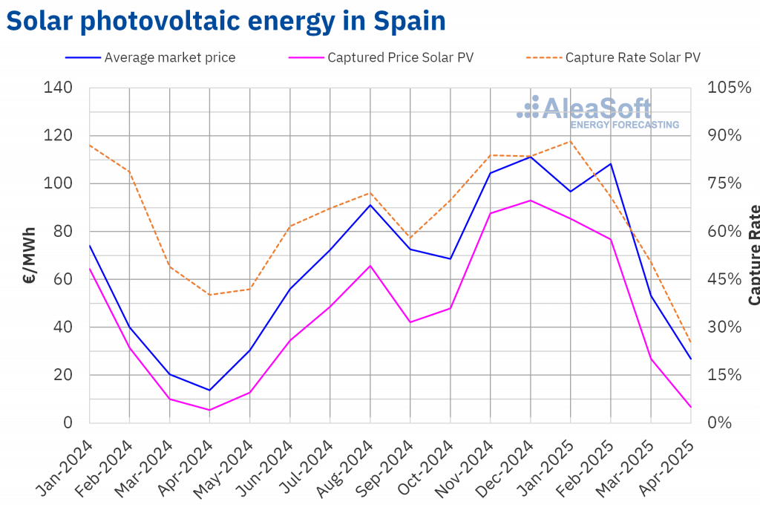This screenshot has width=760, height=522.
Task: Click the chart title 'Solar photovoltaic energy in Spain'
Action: tap(226, 22)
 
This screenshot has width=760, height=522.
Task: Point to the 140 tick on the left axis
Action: tap(58, 88)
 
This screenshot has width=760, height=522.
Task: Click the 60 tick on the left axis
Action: tap(63, 279)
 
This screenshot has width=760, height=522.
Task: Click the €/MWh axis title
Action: tap(29, 255)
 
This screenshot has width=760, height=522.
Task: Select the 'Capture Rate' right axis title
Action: tap(754, 255)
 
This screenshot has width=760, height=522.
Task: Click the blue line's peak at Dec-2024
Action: tap(531, 157)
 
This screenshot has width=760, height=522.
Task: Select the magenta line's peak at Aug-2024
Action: tap(370, 265)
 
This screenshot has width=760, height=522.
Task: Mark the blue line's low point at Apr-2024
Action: tap(210, 390)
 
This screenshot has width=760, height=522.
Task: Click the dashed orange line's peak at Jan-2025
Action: tap(571, 141)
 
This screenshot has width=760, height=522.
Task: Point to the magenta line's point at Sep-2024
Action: tap(410, 322)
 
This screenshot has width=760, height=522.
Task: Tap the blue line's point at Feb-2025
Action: tap(611, 164)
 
